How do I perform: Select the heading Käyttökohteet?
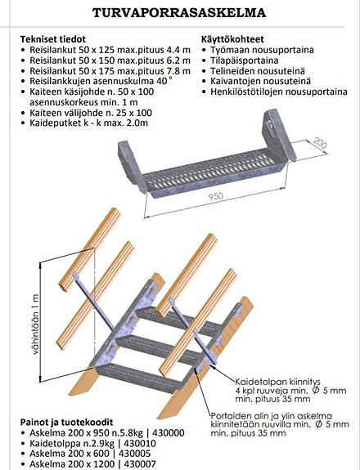tap(233, 39)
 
